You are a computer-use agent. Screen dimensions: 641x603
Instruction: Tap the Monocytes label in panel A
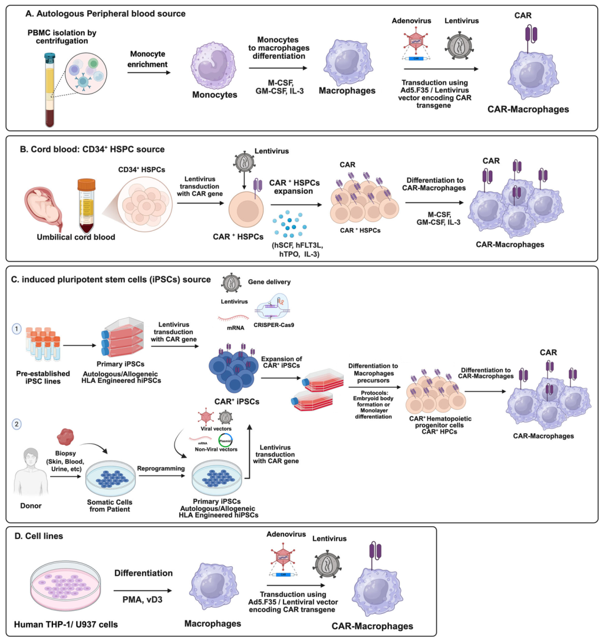(x=215, y=95)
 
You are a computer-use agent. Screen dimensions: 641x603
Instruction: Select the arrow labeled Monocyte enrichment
(x=149, y=72)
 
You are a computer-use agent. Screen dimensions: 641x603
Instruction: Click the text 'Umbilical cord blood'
(x=76, y=237)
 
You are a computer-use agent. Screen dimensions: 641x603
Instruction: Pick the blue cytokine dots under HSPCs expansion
(x=289, y=224)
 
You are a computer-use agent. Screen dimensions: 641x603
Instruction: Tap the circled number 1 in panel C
(x=17, y=329)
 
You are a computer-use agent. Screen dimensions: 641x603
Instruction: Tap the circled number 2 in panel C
(x=17, y=424)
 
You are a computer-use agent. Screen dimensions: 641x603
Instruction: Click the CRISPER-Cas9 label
(x=273, y=325)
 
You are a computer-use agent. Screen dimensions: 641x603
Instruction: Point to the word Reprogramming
(x=161, y=468)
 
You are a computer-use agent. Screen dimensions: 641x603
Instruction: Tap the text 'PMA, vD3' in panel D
(x=142, y=599)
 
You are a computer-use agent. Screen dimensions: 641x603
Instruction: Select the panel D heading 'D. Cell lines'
(x=39, y=536)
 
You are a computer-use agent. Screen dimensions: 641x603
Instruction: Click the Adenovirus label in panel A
(x=411, y=21)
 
